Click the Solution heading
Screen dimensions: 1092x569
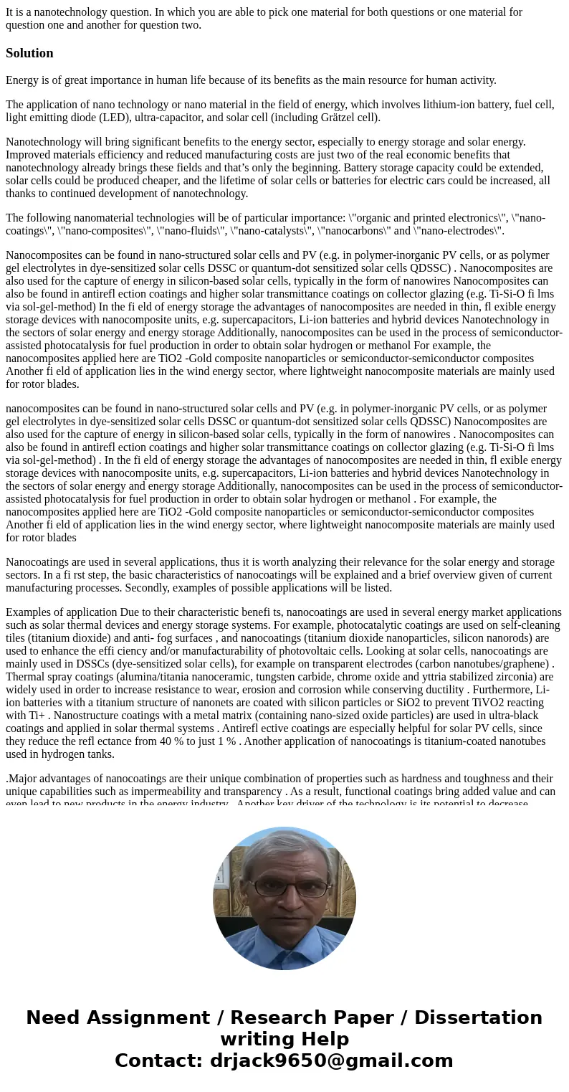[29, 53]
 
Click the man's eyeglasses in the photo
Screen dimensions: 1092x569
[285, 888]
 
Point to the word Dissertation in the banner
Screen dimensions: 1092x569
[478, 1018]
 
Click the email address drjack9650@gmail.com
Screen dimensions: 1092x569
[331, 1061]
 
